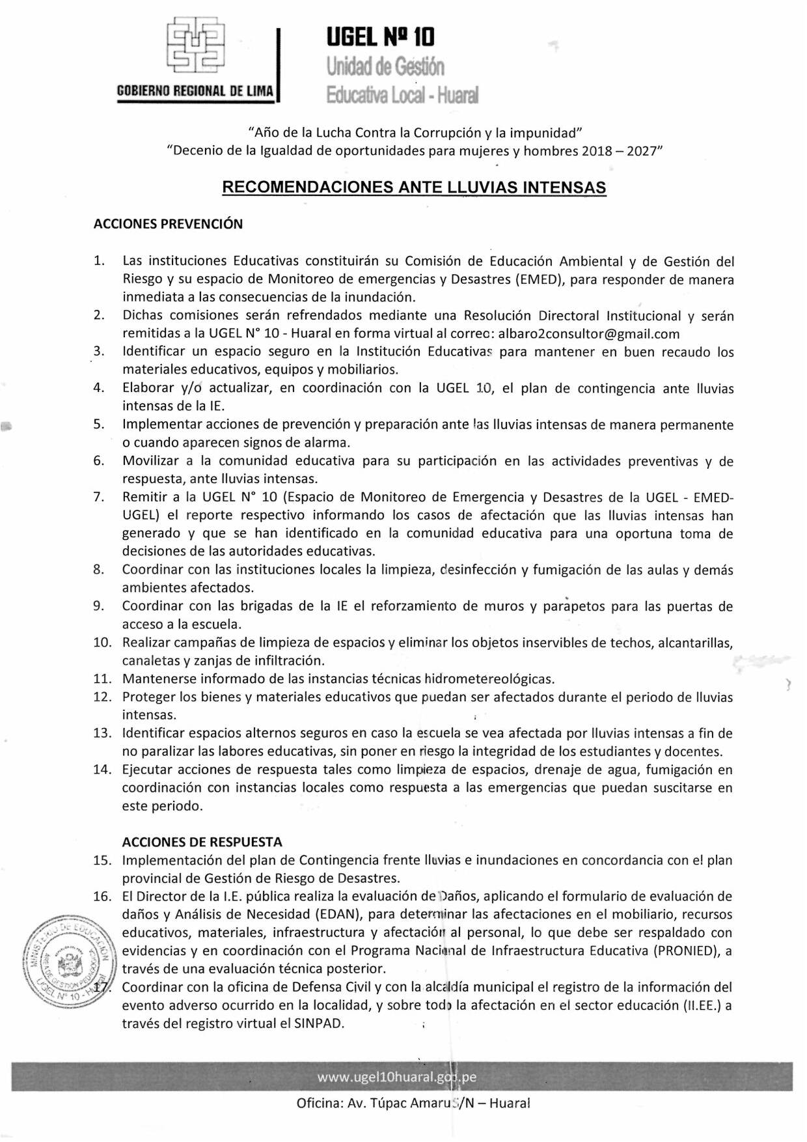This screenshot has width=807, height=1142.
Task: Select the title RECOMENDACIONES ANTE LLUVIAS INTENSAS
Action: [x=414, y=188]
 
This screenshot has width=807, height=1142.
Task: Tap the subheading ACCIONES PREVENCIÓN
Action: [x=168, y=224]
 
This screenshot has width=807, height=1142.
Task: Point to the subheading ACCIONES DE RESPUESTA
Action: [x=202, y=842]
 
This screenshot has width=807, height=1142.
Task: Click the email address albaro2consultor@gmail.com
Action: [x=589, y=334]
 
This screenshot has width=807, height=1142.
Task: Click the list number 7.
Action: [x=99, y=497]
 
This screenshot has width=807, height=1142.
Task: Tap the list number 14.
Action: [x=102, y=770]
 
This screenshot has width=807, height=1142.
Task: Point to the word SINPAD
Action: [x=318, y=1023]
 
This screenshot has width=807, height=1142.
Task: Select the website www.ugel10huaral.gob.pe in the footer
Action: [x=397, y=1077]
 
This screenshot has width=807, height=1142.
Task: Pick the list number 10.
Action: [x=102, y=643]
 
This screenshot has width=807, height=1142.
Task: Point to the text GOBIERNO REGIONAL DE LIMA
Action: [x=195, y=91]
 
